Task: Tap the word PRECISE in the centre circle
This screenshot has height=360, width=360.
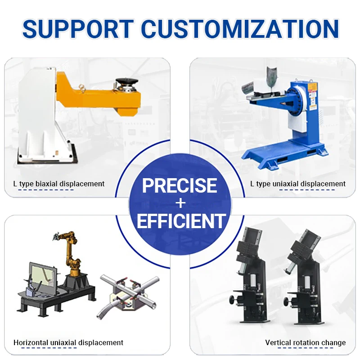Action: click(180, 185)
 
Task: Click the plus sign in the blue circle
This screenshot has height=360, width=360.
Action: click(180, 203)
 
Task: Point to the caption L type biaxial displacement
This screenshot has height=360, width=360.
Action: click(58, 184)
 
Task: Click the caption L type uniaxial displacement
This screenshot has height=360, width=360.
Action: click(298, 184)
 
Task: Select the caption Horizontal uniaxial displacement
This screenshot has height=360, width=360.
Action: click(68, 342)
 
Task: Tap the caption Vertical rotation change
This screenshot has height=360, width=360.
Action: click(305, 342)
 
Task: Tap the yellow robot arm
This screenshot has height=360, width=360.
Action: click(71, 252)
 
